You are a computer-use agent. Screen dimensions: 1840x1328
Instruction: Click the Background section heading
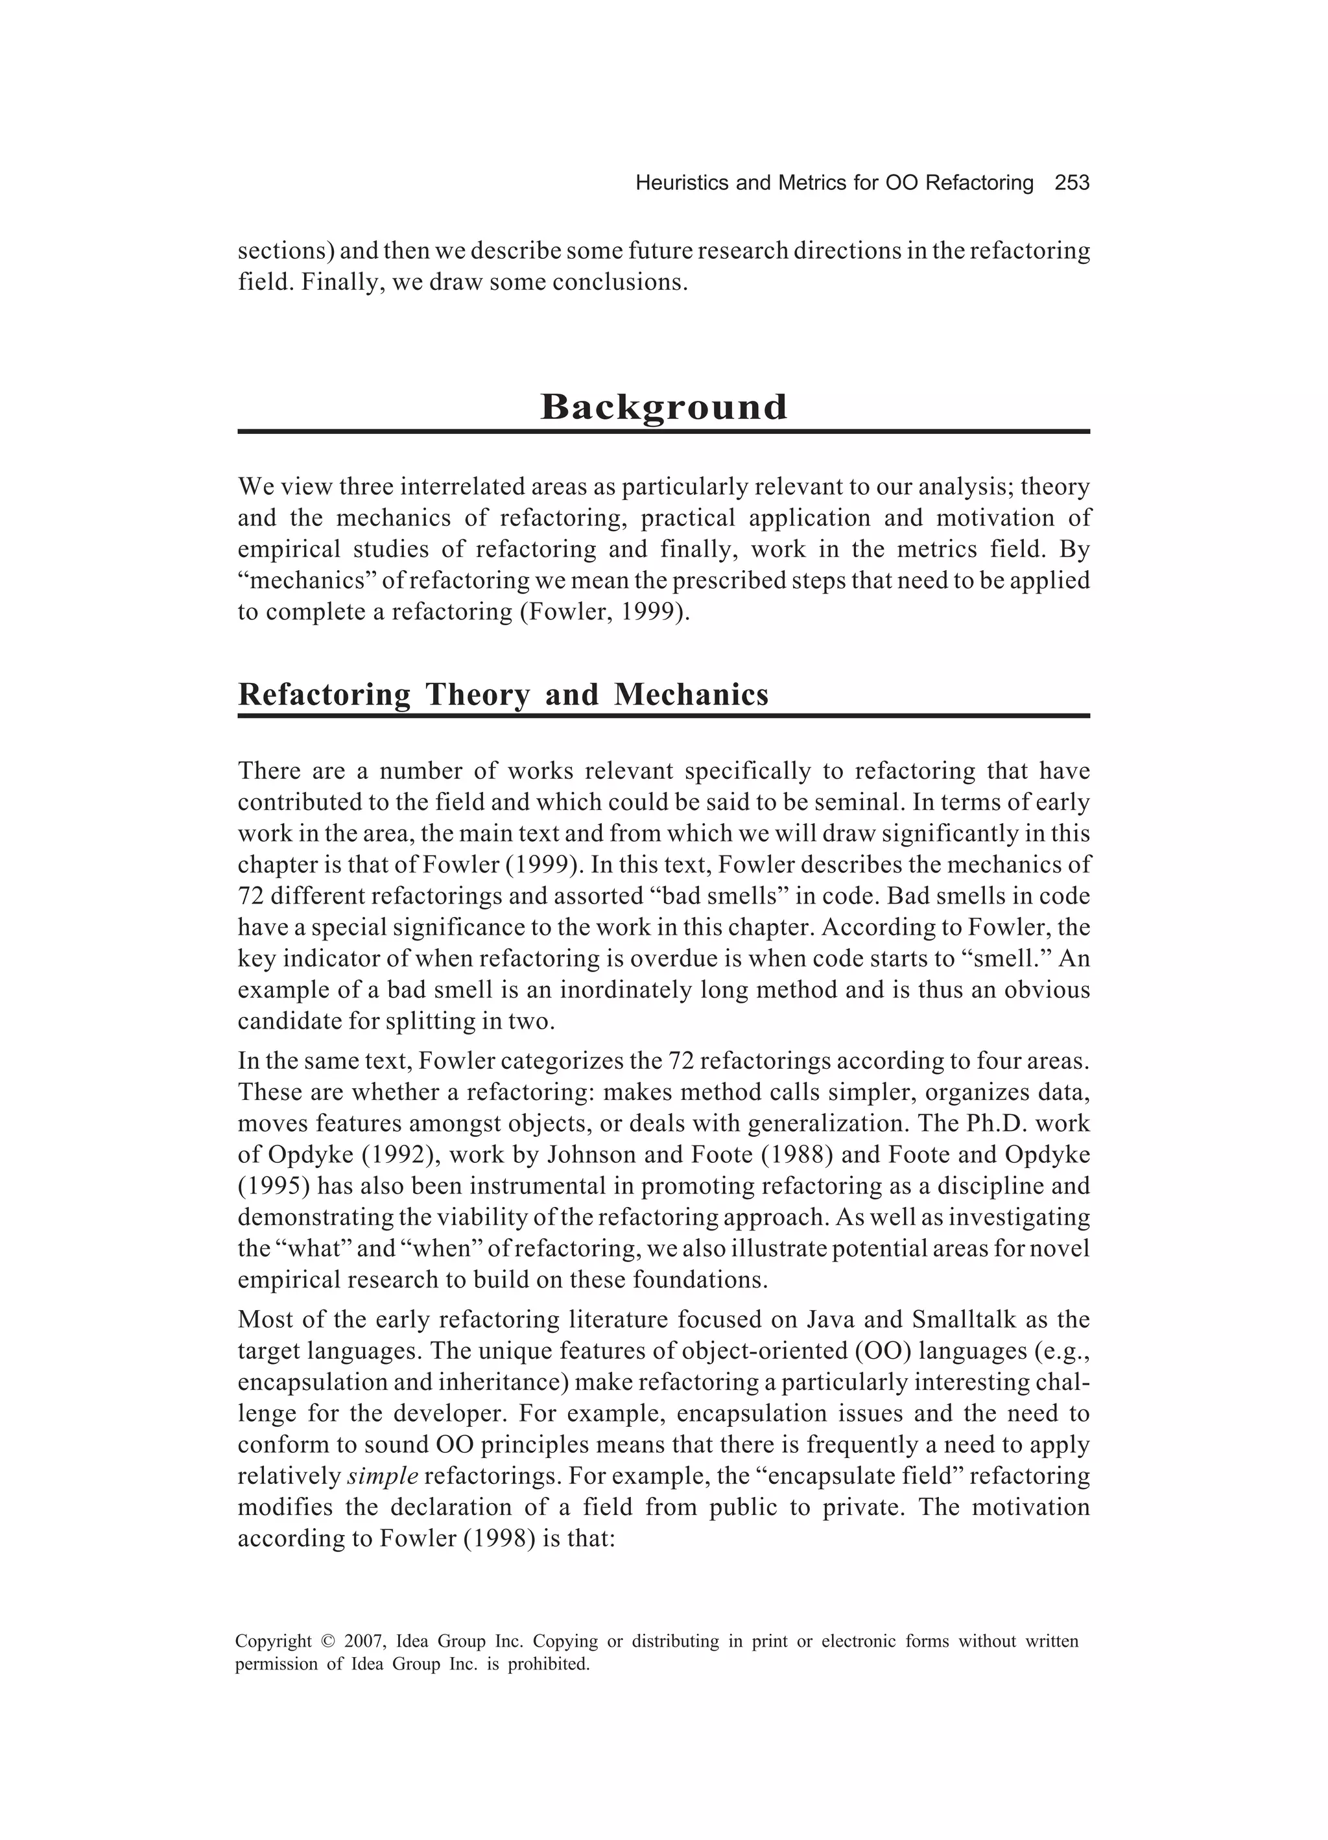point(663,407)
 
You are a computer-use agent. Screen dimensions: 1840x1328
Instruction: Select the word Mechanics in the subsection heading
point(691,695)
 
